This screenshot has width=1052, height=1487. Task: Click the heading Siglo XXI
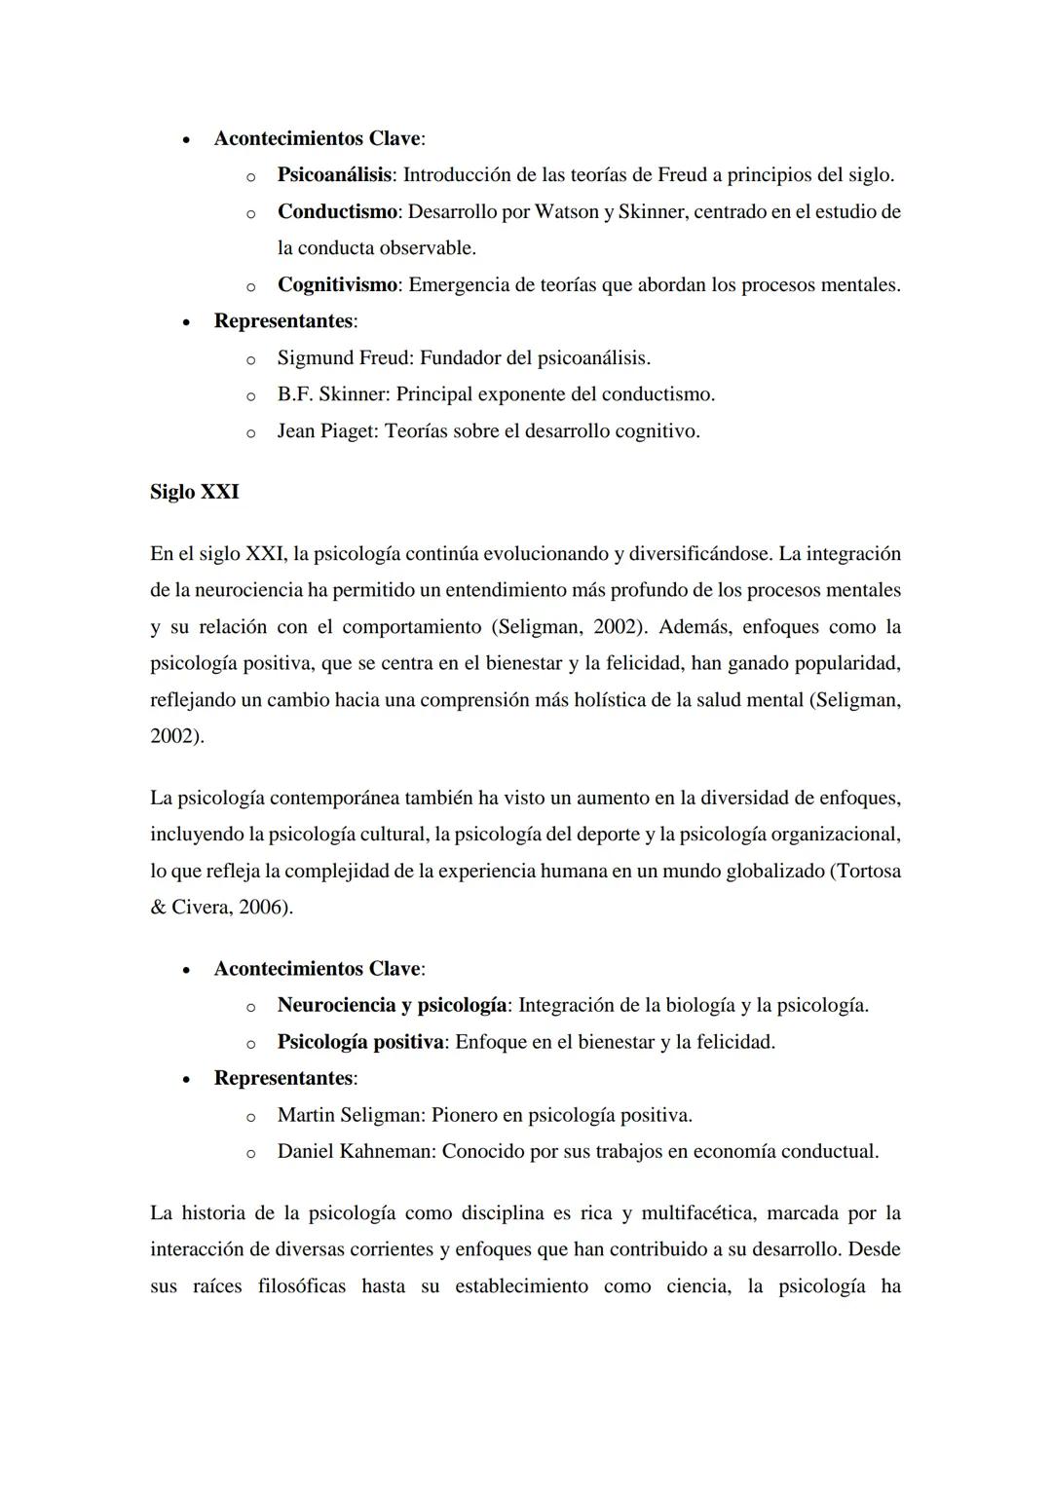194,492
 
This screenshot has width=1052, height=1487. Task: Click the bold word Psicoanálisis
334,175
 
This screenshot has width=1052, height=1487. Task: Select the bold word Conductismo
337,211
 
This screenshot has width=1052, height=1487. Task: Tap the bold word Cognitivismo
337,285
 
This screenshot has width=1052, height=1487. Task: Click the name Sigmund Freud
345,358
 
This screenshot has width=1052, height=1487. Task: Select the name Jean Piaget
325,430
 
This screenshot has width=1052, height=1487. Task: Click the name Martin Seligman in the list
351,1115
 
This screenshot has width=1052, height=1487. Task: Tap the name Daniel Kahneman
356,1151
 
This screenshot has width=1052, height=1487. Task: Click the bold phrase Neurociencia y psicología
392,1005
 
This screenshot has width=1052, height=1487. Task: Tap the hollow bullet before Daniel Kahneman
249,1153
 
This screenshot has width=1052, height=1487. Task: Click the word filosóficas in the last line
301,1286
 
